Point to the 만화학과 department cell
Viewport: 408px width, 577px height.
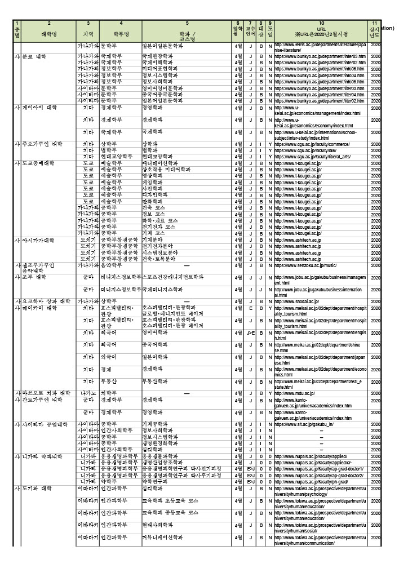click(x=155, y=201)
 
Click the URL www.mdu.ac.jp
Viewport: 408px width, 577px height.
click(x=302, y=393)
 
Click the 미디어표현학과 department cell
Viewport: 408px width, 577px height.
click(x=160, y=69)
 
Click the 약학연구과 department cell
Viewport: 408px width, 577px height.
click(x=158, y=481)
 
